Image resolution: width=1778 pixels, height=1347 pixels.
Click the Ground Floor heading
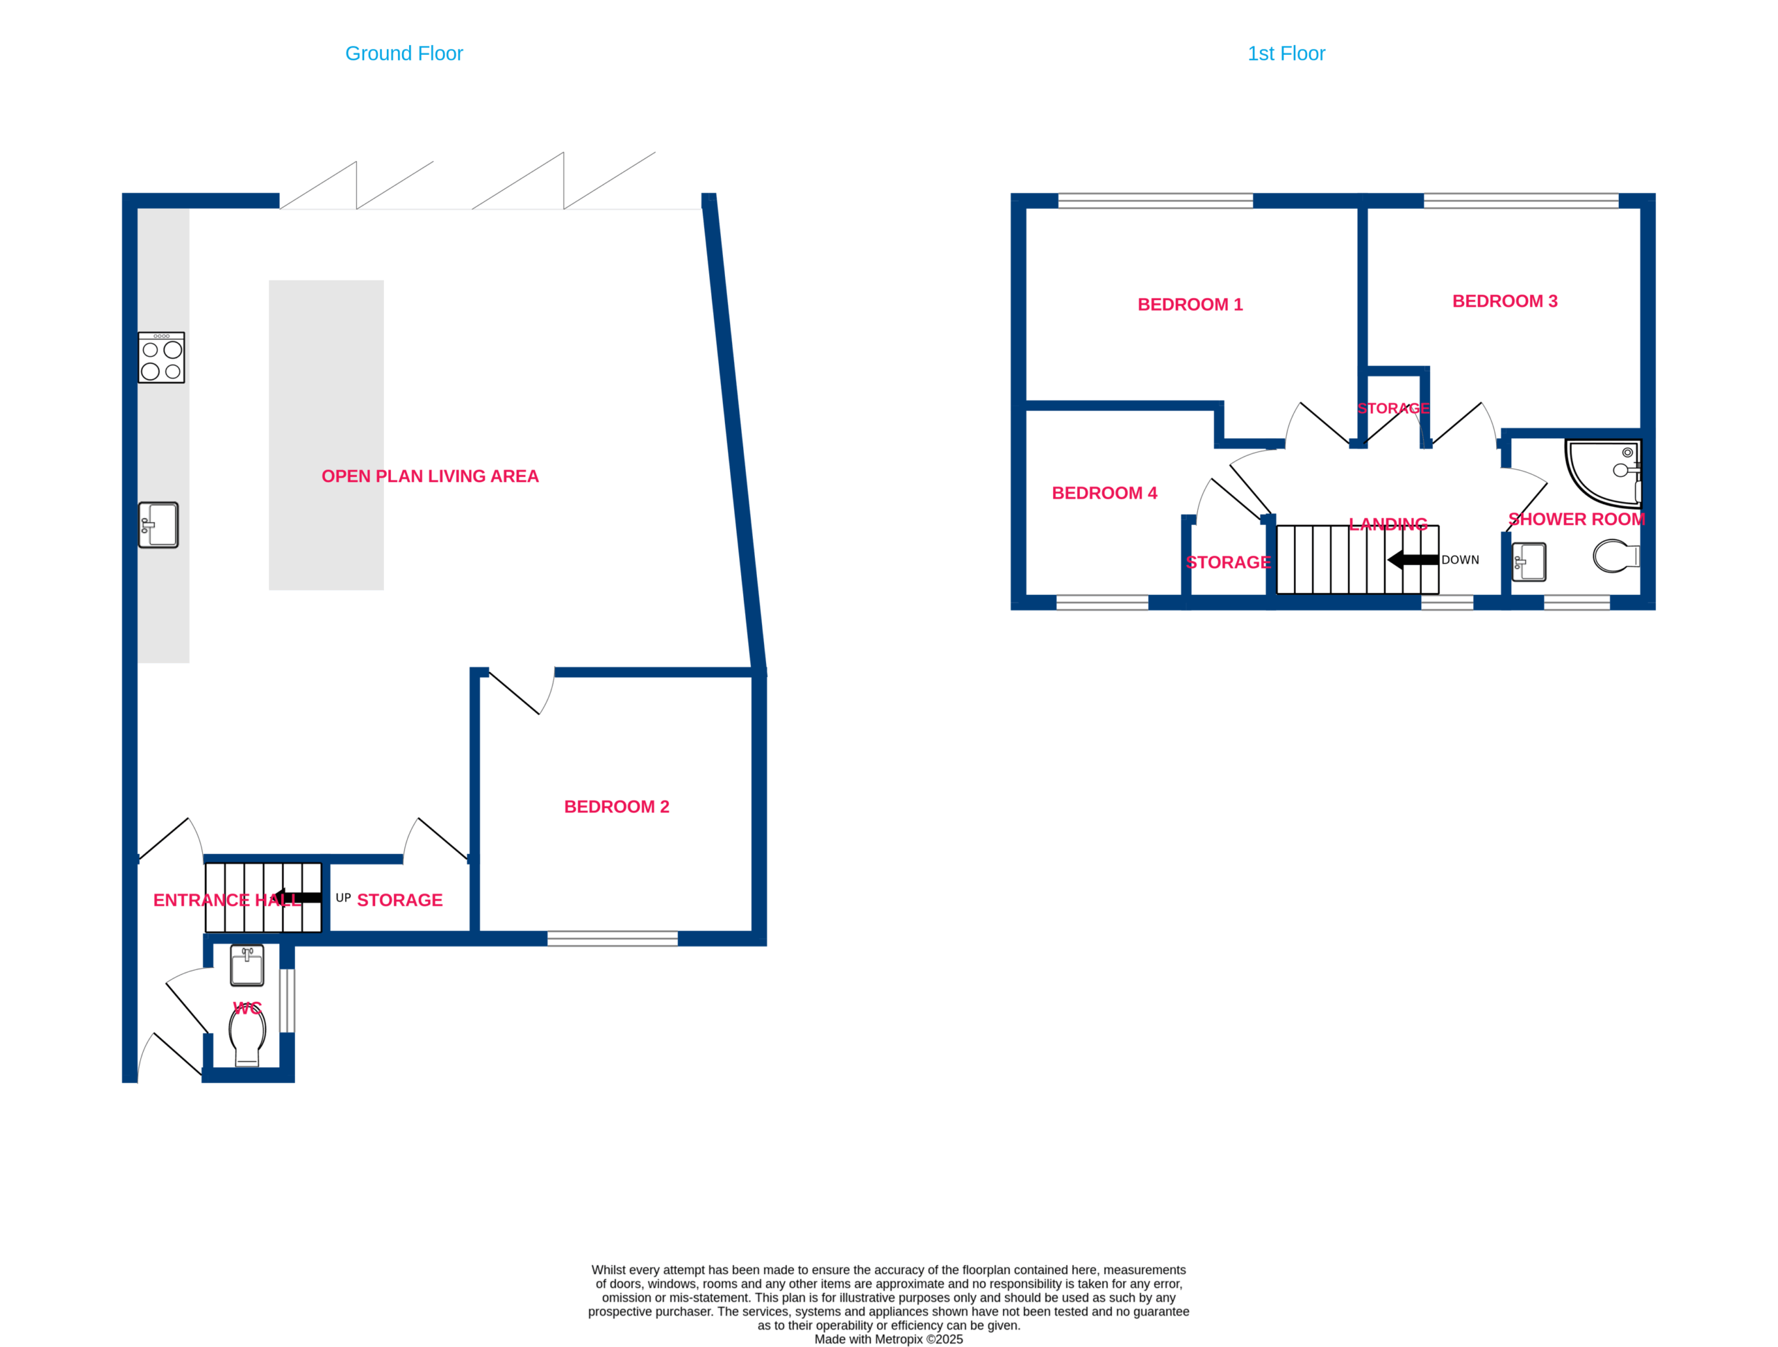(x=404, y=54)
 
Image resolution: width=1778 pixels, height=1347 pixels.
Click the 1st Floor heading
(x=1286, y=54)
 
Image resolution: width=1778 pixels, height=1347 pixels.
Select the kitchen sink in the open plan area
(x=158, y=525)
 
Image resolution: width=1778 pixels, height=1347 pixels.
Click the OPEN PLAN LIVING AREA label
(x=430, y=476)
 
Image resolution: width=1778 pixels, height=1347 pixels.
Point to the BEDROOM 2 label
(x=617, y=807)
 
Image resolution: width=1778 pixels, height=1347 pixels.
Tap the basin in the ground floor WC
(x=247, y=965)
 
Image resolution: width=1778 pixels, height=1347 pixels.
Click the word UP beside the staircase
(x=343, y=898)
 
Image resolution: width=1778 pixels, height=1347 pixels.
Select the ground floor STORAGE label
(x=399, y=900)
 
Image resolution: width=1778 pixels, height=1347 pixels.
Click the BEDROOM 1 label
(x=1190, y=305)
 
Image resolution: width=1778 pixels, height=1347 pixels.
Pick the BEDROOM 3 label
(x=1505, y=301)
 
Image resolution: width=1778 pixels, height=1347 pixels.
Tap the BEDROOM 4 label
(x=1104, y=494)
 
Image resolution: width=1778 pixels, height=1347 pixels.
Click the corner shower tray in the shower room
(x=1603, y=474)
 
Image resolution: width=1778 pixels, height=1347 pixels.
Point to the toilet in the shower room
(x=1615, y=555)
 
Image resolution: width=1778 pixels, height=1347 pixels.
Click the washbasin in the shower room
(x=1529, y=562)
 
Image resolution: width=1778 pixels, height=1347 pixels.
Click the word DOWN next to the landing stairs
(x=1461, y=560)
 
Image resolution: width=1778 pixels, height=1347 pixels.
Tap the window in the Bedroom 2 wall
(x=613, y=939)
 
